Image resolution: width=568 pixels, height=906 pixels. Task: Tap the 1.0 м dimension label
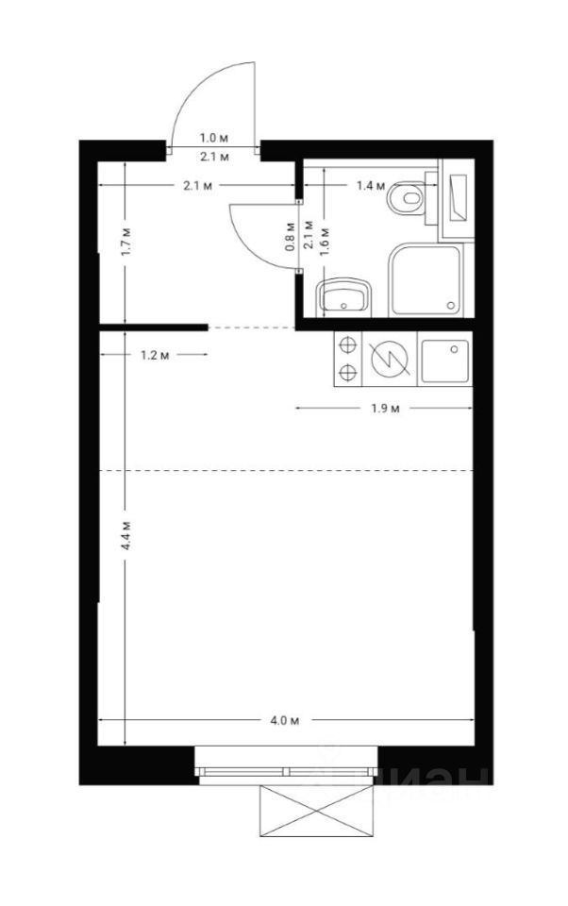coord(211,138)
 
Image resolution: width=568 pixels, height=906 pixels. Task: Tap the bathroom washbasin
coord(345,295)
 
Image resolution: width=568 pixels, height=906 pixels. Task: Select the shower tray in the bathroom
coord(427,280)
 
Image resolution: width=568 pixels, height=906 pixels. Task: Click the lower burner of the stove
coord(348,373)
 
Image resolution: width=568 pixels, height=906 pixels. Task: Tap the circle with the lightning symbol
coord(389,360)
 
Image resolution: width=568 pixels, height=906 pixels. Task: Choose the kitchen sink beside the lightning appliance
coord(444,360)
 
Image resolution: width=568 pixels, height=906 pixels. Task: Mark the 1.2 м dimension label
coord(154,355)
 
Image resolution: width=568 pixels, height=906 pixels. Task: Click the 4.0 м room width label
coord(284,722)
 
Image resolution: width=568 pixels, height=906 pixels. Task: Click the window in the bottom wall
coord(287,768)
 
